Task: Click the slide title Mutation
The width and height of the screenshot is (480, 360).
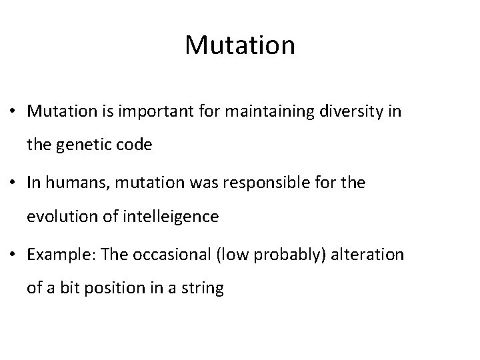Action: [240, 45]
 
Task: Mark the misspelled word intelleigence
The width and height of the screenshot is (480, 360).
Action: [175, 217]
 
